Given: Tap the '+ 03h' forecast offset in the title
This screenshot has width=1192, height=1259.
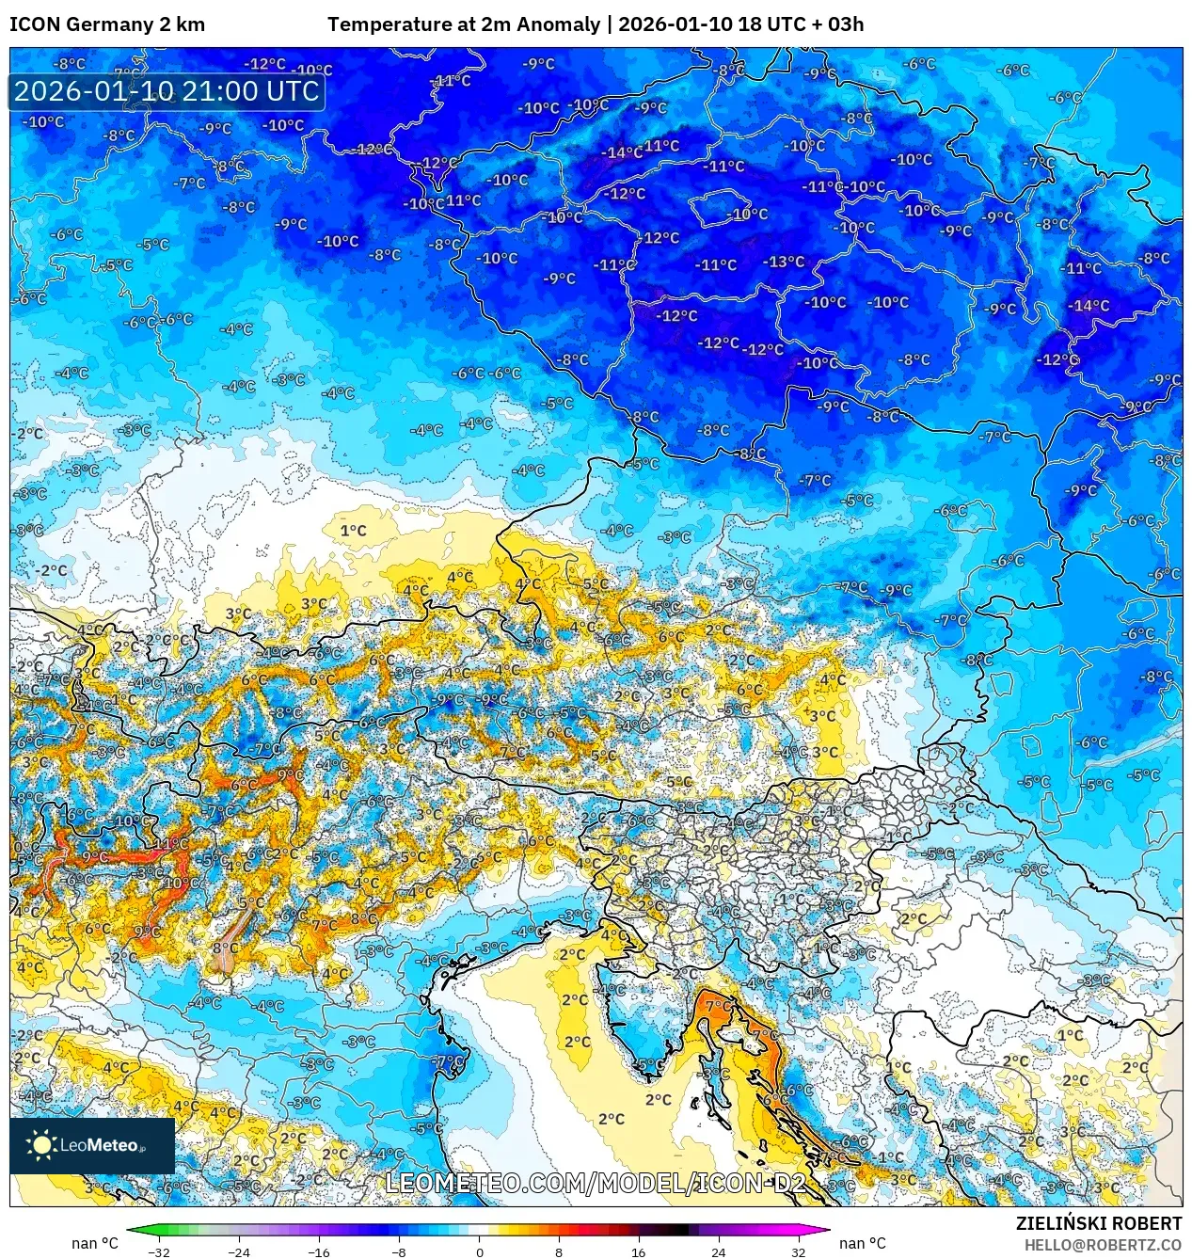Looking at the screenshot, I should (837, 24).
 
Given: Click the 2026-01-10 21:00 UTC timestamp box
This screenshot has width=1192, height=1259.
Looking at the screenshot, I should (167, 91).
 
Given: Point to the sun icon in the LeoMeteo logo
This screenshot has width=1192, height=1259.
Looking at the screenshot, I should (41, 1144).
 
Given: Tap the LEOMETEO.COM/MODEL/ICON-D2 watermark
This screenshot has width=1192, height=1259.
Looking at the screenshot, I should (596, 1183).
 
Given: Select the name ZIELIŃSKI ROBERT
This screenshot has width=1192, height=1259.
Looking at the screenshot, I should (1098, 1223).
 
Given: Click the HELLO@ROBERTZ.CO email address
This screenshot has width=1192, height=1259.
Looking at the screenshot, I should (1103, 1245).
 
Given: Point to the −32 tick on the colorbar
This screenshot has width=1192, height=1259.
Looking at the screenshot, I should (158, 1251).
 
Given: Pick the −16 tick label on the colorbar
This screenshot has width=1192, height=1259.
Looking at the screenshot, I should (318, 1251).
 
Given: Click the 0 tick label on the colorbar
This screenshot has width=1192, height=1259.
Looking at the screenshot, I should (479, 1251).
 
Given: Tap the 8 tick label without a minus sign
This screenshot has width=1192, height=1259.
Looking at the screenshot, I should (559, 1251).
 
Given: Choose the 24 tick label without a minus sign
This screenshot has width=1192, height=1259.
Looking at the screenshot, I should (719, 1251).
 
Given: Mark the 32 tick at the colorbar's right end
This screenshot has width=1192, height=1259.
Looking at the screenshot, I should (799, 1251).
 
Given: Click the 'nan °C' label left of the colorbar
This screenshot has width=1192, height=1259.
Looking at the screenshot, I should (95, 1243).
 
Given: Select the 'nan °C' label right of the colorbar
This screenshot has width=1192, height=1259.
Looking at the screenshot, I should (862, 1243).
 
